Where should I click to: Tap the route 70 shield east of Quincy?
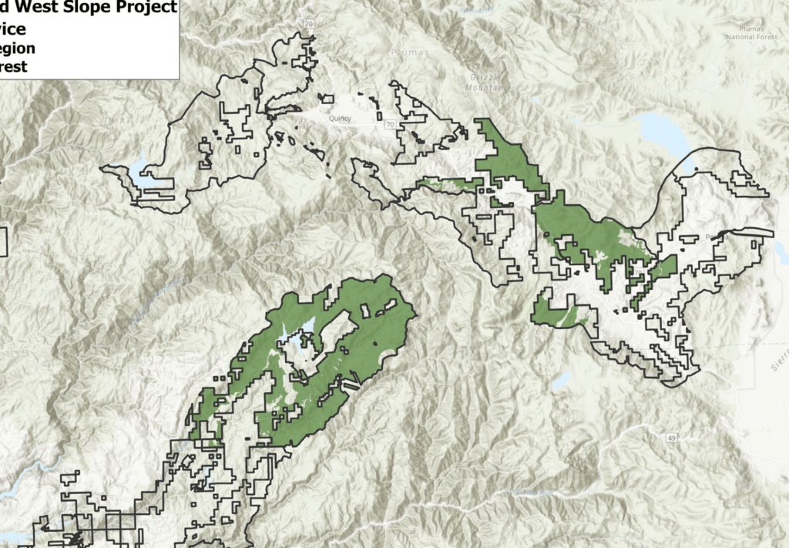[391, 124]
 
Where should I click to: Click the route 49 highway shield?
[673, 438]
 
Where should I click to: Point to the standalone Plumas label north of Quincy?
[409, 53]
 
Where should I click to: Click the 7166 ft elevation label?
[116, 119]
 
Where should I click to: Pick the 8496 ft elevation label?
[582, 460]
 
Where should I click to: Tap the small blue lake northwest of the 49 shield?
[562, 380]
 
